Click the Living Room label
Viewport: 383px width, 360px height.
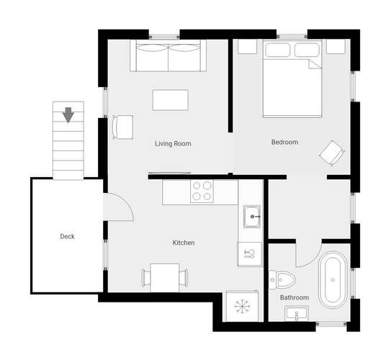(x=173, y=143)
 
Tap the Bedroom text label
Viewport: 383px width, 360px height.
(x=284, y=142)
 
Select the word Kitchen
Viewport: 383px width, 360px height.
(x=184, y=243)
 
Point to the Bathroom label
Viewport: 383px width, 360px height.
(x=294, y=297)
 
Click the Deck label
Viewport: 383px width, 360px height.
(x=67, y=236)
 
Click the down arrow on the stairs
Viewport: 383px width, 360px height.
(x=68, y=114)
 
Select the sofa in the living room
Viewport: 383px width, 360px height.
(x=168, y=56)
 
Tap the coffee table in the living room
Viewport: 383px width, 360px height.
(x=170, y=100)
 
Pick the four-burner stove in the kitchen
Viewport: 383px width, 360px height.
(x=202, y=191)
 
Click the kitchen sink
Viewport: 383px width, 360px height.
(x=251, y=217)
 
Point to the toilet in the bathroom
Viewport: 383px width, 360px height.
(x=282, y=279)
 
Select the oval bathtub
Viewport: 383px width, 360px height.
(x=333, y=280)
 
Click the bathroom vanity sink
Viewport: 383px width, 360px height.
(x=297, y=314)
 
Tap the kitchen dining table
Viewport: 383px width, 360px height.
(x=165, y=278)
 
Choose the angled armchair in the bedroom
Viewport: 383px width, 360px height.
(x=332, y=153)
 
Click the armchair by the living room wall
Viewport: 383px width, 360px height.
(x=123, y=127)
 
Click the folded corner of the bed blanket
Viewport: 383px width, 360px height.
(x=315, y=64)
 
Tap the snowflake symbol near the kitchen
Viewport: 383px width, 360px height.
(x=243, y=306)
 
